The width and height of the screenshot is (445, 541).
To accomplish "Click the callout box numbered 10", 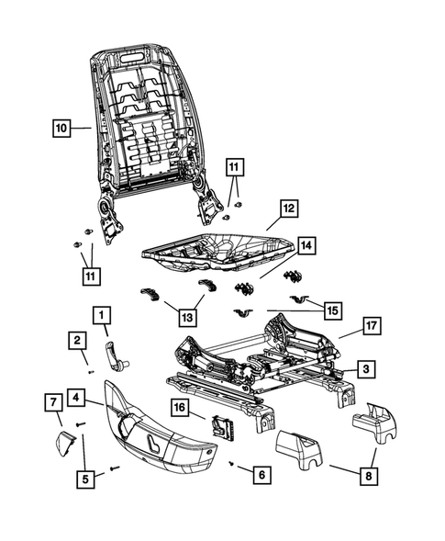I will click(60, 129).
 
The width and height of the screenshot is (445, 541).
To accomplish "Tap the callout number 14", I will click(306, 246).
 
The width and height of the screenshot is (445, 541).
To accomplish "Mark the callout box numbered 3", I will click(366, 369).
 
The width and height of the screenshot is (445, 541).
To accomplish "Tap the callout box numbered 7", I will click(53, 400).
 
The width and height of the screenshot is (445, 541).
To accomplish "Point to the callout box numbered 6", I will click(262, 475).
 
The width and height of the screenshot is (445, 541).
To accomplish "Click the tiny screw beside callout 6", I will click(231, 464).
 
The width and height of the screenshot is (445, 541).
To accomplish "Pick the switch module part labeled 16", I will click(220, 426).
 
